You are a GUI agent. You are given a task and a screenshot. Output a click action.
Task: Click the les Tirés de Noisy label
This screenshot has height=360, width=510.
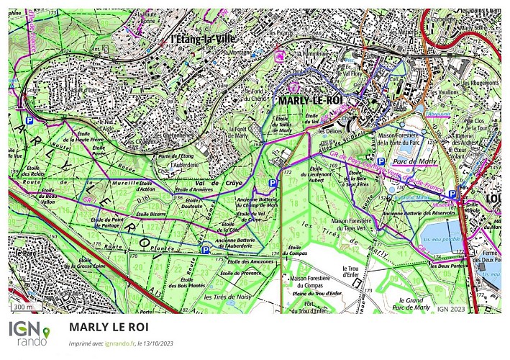pos(227,297)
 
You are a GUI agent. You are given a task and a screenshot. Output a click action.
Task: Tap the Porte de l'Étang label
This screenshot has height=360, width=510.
pos(178,156)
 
